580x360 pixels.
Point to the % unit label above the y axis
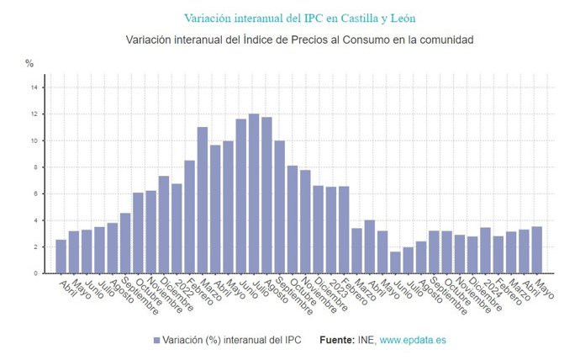coord(29,63)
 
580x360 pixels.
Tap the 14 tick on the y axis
coord(34,87)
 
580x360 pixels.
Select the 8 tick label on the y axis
coord(35,167)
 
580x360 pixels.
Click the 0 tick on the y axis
coord(35,273)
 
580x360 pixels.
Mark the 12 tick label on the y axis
coord(34,114)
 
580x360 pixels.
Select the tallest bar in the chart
coord(254,193)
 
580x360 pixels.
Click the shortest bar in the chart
coord(395,262)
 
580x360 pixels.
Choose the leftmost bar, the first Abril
coord(61,257)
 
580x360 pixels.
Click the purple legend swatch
coord(157,341)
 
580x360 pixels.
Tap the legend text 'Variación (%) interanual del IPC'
coord(232,341)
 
